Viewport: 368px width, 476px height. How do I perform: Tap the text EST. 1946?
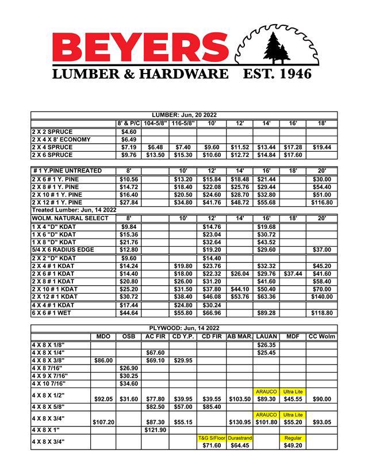(x=278, y=74)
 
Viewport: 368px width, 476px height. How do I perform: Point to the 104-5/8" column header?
(x=155, y=124)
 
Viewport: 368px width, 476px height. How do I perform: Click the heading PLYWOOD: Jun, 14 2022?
(x=183, y=328)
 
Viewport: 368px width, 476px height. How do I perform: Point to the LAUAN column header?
(x=266, y=336)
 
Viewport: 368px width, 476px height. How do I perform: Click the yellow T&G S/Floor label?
(x=211, y=437)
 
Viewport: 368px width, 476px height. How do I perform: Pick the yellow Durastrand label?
(x=239, y=437)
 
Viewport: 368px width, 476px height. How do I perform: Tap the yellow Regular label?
(x=293, y=437)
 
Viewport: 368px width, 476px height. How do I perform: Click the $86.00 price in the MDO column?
(x=103, y=360)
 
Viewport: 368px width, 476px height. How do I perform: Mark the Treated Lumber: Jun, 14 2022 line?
(x=73, y=210)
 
